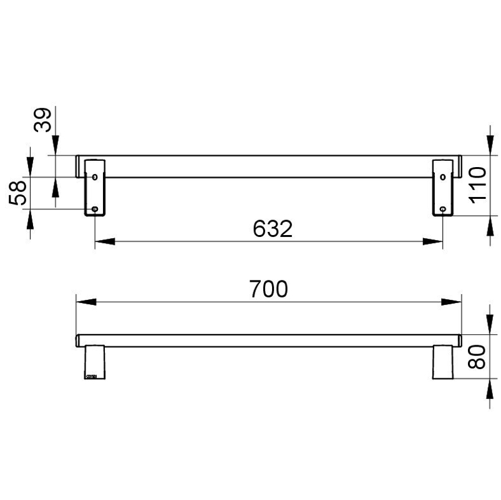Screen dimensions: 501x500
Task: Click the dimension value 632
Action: pyautogui.click(x=273, y=229)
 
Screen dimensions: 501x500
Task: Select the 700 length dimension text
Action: pyautogui.click(x=268, y=289)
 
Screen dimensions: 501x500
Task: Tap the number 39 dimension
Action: pyautogui.click(x=42, y=120)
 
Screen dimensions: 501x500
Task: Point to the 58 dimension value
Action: pyautogui.click(x=17, y=193)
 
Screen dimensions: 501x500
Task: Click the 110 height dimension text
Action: pyautogui.click(x=477, y=185)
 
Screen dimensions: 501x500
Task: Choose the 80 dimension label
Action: pyautogui.click(x=477, y=357)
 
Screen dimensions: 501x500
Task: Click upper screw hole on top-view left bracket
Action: pyautogui.click(x=95, y=177)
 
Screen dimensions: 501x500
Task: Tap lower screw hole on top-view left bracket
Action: pyautogui.click(x=95, y=209)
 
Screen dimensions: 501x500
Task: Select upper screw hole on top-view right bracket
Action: pyautogui.click(x=442, y=177)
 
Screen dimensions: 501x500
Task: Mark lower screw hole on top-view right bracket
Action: pyautogui.click(x=442, y=209)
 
